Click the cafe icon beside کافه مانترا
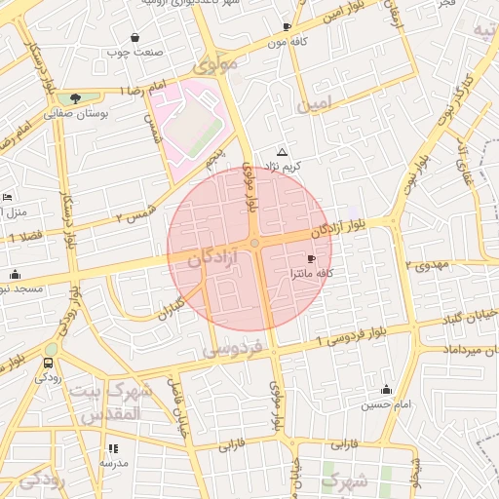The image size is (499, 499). [x=311, y=258]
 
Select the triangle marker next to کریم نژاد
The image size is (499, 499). [x=283, y=152]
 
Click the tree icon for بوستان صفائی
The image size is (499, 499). [x=74, y=97]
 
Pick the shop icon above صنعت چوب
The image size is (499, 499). [x=134, y=38]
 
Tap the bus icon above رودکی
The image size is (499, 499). [x=48, y=363]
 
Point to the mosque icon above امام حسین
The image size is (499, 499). [x=386, y=389]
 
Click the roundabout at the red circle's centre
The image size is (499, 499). [x=254, y=243]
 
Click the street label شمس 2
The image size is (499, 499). [x=134, y=216]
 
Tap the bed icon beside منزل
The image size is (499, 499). [x=7, y=197]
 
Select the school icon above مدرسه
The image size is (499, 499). [x=113, y=448]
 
